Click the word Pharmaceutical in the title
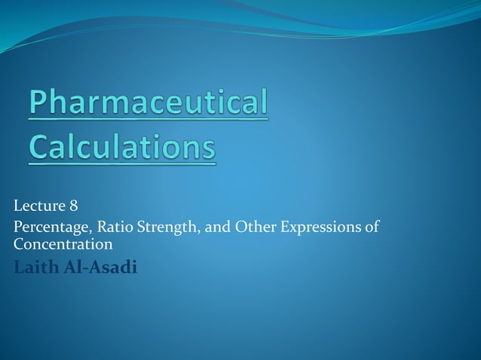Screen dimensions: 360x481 [149, 104]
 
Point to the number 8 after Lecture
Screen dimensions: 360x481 [73, 205]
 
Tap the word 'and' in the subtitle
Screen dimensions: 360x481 [214, 227]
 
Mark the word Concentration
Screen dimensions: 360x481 [63, 245]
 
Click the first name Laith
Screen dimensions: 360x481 [34, 267]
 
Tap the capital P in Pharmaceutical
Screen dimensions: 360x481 [38, 104]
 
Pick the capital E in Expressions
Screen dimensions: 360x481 [285, 227]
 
